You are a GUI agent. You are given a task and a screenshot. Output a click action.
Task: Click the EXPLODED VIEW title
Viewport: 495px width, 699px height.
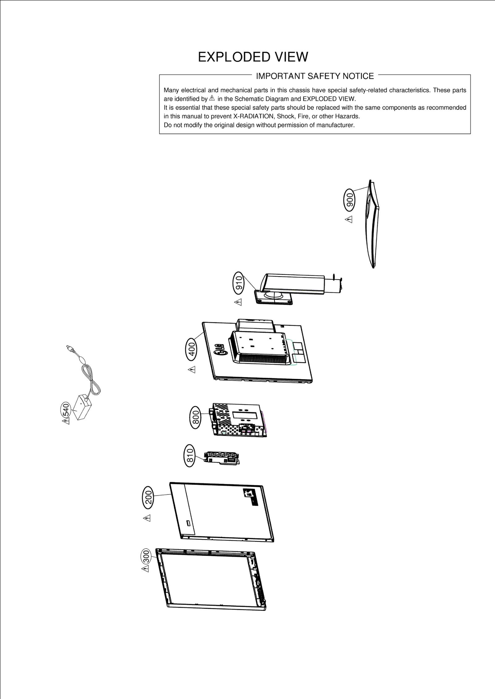253,57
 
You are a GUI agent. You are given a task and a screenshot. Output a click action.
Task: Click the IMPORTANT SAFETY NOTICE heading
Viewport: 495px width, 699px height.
315,76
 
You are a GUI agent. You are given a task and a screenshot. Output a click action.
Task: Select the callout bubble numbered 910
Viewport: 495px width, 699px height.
239,283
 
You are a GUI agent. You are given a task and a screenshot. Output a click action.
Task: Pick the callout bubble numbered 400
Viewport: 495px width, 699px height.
192,349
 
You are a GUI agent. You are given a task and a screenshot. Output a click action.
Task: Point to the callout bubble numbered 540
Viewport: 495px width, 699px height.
65,410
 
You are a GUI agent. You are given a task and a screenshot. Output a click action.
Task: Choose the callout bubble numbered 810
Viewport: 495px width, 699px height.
190,455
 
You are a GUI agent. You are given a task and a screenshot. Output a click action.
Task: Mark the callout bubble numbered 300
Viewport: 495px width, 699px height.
146,557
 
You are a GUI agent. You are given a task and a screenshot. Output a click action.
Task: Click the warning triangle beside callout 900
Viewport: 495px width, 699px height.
349,220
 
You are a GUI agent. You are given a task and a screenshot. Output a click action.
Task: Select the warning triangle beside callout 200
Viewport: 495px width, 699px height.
147,518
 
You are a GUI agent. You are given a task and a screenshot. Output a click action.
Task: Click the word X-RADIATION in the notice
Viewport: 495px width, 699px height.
253,117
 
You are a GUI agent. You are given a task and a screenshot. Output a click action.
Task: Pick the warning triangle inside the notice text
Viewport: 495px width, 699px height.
212,98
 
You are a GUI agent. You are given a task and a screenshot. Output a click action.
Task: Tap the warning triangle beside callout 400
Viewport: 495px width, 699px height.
192,369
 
